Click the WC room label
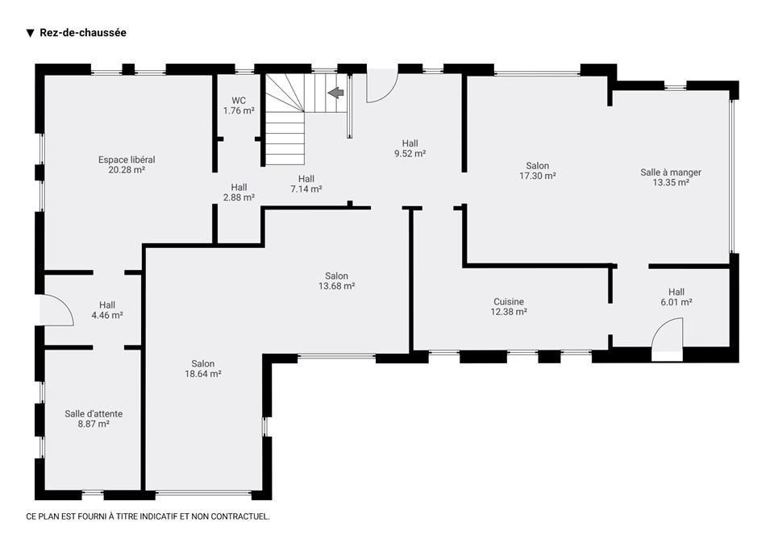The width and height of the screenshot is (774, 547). click(239, 101)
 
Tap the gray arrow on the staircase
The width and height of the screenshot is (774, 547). click(335, 92)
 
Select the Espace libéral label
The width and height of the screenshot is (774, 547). click(127, 160)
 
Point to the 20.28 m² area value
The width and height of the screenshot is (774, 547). click(127, 170)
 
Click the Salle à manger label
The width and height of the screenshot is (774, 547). click(671, 172)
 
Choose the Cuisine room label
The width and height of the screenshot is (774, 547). click(509, 302)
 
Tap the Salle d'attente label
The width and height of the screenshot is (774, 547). click(94, 414)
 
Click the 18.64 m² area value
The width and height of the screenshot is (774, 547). click(203, 374)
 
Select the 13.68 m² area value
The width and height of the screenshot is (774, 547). click(337, 286)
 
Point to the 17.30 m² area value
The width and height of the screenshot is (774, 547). click(538, 176)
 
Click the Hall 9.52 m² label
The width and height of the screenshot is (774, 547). click(410, 148)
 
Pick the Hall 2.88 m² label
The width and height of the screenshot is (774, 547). click(239, 193)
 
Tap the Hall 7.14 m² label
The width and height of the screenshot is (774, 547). click(306, 184)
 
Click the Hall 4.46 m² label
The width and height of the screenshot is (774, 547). click(107, 310)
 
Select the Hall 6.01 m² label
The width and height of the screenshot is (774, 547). click(676, 297)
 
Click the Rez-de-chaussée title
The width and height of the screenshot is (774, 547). click(83, 32)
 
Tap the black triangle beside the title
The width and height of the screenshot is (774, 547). click(30, 33)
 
